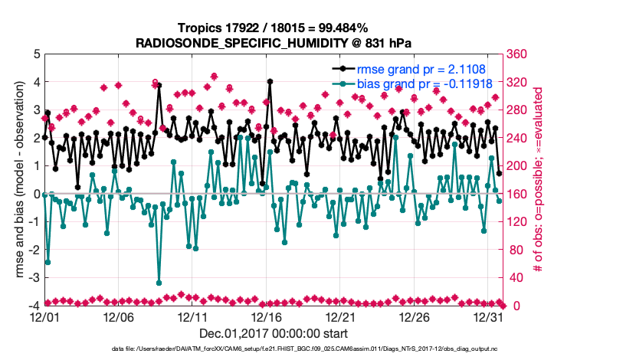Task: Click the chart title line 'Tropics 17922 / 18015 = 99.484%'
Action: (274, 28)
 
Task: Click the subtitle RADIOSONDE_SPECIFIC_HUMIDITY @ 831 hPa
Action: (274, 43)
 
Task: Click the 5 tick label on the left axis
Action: (35, 54)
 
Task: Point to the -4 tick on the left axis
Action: (33, 306)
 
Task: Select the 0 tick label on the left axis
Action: (35, 194)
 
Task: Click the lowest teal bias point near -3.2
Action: (159, 283)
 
